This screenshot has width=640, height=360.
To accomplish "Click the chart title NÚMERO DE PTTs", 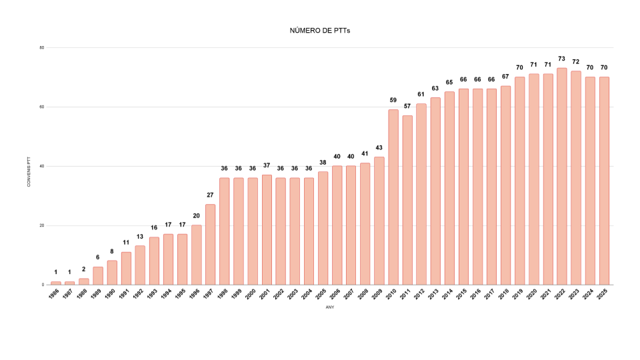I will click(320, 31).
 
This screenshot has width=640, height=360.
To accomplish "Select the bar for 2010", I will click(393, 197).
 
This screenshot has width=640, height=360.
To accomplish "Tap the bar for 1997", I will click(210, 244).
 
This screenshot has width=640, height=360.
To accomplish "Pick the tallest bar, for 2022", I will click(562, 176).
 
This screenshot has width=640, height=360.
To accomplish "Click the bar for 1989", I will click(98, 275).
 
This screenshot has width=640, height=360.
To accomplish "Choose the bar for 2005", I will click(323, 228).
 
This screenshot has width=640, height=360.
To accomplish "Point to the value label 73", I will click(562, 59).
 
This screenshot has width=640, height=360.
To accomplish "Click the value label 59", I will click(393, 100).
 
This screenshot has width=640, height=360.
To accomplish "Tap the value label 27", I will click(210, 195).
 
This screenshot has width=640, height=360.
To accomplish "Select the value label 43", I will click(379, 147).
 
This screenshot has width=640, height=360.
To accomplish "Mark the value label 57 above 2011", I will click(407, 106).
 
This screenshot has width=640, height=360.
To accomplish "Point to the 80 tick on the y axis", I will click(41, 47).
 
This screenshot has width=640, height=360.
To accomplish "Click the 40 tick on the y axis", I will click(41, 166).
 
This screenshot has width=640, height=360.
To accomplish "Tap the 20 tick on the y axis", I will click(41, 225).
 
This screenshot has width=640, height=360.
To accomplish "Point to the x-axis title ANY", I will click(330, 307).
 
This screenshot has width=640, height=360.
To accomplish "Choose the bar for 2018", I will click(505, 185).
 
